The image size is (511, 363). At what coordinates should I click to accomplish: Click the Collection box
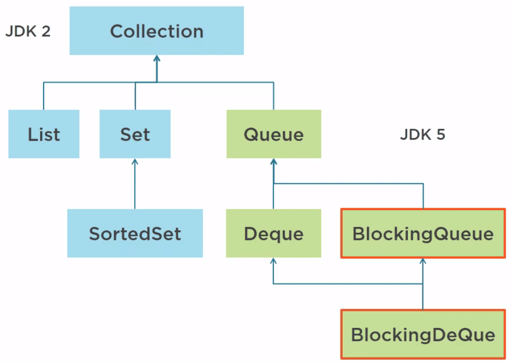pos(156,31)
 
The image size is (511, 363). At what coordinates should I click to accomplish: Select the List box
pos(44,134)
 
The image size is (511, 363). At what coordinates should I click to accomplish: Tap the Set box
pos(135,134)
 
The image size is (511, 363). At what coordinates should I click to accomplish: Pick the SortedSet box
pos(135,233)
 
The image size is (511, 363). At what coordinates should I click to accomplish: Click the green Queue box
pos(273,134)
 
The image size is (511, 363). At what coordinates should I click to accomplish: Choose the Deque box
pos(273,233)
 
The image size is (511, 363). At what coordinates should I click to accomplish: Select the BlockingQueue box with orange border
pos(423,233)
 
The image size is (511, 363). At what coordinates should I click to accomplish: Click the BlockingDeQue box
pos(423,334)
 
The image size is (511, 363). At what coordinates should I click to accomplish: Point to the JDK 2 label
pos(28,32)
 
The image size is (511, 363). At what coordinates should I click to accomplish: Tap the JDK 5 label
pos(422,134)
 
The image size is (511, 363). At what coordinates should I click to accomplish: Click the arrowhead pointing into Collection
pos(157,59)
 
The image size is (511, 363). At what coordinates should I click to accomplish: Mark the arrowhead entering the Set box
pos(135,162)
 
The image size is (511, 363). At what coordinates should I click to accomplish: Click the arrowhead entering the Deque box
pos(273,261)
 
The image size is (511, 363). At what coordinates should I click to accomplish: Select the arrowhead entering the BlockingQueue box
pos(423,262)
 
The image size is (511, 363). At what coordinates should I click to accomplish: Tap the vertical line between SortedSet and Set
pos(135,187)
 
